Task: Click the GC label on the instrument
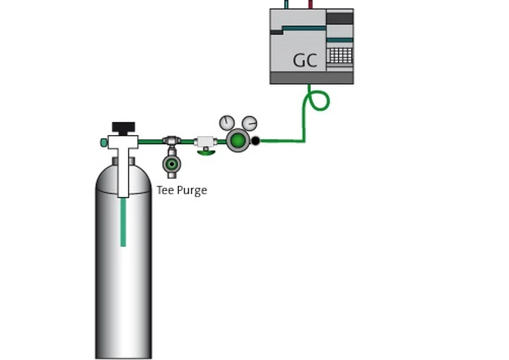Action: point(305,60)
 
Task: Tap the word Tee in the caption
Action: point(165,190)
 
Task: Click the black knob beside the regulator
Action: point(255,142)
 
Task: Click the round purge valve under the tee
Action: point(171,164)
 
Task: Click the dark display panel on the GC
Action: point(340,19)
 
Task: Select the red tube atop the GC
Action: point(310,4)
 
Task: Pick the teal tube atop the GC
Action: point(286,4)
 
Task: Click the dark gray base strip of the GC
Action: point(311,78)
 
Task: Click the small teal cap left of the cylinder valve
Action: point(104,142)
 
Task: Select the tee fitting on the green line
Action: point(171,142)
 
